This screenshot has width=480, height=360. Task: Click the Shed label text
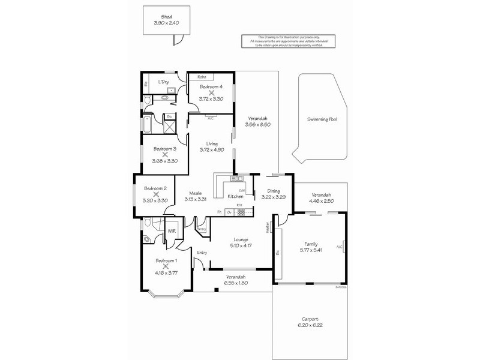click(x=166, y=17)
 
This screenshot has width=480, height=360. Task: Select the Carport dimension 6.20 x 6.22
click(x=310, y=325)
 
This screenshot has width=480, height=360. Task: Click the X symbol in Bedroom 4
click(x=212, y=93)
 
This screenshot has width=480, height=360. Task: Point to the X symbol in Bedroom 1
click(x=166, y=266)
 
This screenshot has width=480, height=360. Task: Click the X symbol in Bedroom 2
click(x=155, y=194)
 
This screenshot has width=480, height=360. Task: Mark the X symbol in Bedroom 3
click(x=164, y=154)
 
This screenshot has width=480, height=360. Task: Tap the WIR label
click(x=172, y=230)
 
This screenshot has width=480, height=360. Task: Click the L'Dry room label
click(x=163, y=82)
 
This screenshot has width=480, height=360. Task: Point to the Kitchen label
click(x=234, y=197)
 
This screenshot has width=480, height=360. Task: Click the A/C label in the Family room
click(x=339, y=247)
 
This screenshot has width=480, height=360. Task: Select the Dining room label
click(x=265, y=191)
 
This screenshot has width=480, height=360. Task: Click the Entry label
click(x=202, y=253)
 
